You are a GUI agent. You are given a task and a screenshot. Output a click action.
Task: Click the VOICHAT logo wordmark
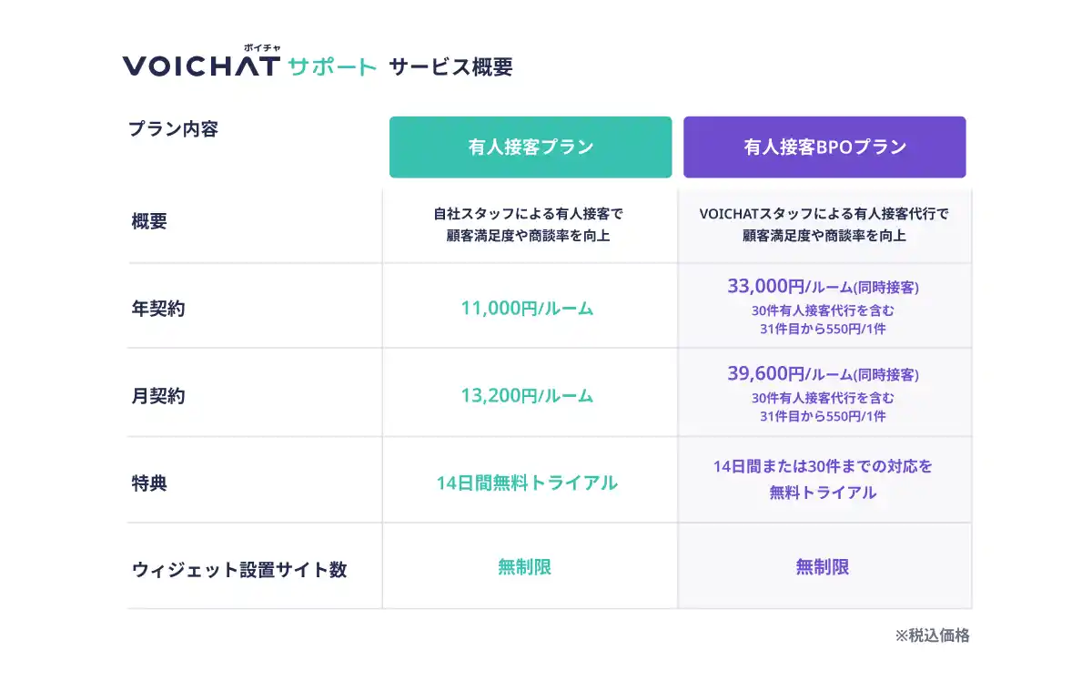click(201, 66)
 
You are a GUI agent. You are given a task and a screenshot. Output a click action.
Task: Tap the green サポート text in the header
click(332, 66)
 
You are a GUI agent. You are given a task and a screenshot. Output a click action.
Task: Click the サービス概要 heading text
click(451, 66)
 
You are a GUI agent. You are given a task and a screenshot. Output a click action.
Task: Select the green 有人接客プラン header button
click(531, 147)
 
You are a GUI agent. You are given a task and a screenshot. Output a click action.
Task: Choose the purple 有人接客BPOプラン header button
click(824, 147)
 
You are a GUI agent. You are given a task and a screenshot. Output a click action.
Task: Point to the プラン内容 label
click(173, 129)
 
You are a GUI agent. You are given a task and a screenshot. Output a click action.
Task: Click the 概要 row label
click(149, 221)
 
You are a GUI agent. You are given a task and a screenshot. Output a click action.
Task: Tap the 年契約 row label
click(158, 309)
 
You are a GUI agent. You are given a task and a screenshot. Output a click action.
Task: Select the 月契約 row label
click(158, 396)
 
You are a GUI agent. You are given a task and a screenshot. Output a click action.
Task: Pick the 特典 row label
click(149, 483)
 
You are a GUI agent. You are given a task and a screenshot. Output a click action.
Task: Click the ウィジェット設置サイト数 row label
click(238, 569)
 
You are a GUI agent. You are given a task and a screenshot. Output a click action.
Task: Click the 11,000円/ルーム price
click(527, 309)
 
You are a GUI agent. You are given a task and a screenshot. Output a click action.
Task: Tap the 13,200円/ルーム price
click(527, 396)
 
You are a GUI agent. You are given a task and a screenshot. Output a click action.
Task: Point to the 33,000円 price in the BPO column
click(766, 286)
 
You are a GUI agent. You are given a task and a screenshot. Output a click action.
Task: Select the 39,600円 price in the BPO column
click(766, 373)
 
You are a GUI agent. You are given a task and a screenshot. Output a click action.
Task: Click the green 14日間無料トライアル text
click(527, 483)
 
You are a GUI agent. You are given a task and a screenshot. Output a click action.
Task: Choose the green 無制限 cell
click(524, 567)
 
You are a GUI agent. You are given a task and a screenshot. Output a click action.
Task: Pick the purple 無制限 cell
click(823, 567)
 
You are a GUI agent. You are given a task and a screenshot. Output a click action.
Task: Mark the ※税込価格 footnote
click(932, 635)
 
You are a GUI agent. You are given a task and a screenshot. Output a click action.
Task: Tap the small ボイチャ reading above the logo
click(262, 48)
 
